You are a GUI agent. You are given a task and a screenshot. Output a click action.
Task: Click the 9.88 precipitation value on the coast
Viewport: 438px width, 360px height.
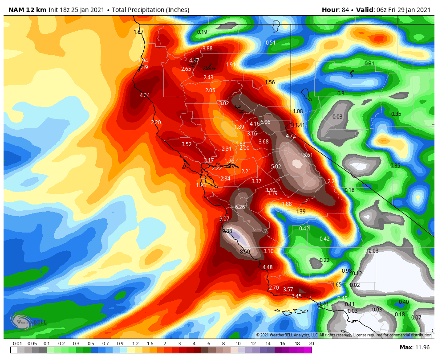(227, 231)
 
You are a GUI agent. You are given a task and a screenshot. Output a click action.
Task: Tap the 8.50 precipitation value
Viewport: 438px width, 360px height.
(245, 252)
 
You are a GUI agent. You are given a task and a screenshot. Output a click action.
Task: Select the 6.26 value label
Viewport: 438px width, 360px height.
(240, 207)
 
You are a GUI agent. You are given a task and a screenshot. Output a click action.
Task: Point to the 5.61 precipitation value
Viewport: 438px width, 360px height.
(308, 155)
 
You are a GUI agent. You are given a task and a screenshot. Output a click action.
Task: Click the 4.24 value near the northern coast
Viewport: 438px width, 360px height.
(145, 95)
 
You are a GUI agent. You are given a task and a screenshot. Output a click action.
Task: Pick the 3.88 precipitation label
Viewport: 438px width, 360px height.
(207, 49)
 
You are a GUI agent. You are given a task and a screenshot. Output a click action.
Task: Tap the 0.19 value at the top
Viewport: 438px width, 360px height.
(202, 32)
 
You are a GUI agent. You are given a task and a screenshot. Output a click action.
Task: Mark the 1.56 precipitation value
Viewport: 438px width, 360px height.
(270, 82)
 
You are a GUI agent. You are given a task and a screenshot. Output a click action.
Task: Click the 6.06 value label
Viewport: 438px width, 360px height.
(265, 122)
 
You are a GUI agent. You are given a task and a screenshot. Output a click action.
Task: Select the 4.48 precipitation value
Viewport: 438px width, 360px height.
(268, 267)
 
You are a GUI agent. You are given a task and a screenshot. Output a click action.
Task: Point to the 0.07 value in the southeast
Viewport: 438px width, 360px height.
(416, 318)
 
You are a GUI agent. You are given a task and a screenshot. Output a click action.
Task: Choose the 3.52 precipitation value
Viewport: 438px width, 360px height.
(187, 144)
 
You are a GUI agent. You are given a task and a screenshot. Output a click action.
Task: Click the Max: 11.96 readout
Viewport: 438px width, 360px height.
(414, 347)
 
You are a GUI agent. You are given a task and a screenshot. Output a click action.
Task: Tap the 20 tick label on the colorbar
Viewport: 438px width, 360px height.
(312, 344)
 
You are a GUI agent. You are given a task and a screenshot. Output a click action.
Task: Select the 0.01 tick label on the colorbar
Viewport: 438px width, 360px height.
(17, 344)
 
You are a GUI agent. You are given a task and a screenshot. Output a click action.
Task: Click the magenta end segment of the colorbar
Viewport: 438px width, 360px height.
(308, 350)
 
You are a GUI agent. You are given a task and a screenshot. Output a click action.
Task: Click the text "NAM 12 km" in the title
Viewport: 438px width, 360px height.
(24, 10)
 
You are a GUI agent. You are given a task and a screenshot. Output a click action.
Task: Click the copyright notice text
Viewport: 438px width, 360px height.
(344, 335)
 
